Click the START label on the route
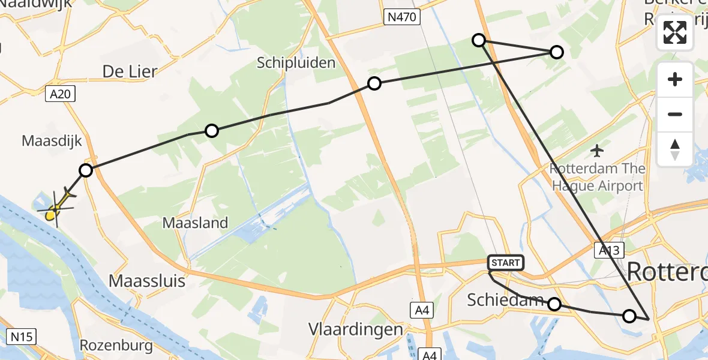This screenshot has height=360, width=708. [506, 262]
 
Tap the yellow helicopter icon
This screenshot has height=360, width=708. [56, 207]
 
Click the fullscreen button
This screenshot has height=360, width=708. [675, 33]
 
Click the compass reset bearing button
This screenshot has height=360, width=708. [675, 149]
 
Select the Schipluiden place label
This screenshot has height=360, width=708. [296, 62]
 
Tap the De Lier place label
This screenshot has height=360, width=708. [130, 71]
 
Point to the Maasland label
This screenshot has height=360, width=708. [196, 223]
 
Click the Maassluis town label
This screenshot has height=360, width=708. [146, 280]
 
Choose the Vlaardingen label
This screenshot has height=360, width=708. [355, 329]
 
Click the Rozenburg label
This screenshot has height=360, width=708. [116, 346]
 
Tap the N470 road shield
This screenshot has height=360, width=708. [401, 18]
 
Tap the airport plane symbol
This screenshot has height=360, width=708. [597, 149]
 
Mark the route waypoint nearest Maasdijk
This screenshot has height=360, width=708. [86, 170]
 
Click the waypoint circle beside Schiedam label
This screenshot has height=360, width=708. [554, 305]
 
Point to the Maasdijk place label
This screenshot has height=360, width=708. [52, 141]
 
